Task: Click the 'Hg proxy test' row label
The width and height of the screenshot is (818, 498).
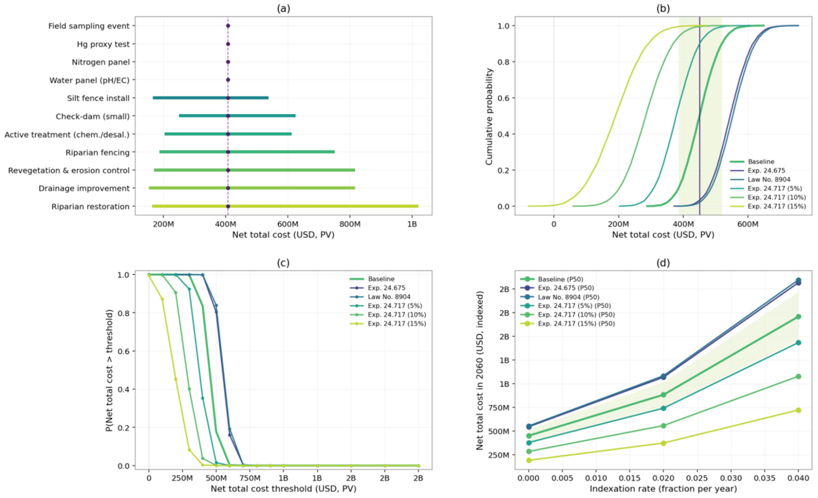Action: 103,44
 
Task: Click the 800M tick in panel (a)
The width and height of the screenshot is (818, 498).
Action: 350,224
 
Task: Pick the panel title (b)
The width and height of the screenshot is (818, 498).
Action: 663,9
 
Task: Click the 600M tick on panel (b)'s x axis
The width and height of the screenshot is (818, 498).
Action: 748,224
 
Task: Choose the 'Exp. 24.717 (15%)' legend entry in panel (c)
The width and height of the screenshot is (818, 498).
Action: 397,323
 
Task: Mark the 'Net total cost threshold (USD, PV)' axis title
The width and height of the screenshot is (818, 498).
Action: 283,489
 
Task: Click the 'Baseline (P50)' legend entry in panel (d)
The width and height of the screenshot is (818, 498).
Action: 560,279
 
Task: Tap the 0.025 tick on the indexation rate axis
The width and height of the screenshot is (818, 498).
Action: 697,478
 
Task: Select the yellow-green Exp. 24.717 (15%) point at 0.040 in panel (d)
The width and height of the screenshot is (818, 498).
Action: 798,410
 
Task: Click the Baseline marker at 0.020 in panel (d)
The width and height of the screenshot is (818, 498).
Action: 663,395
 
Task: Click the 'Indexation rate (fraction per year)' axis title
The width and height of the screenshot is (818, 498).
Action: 663,489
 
